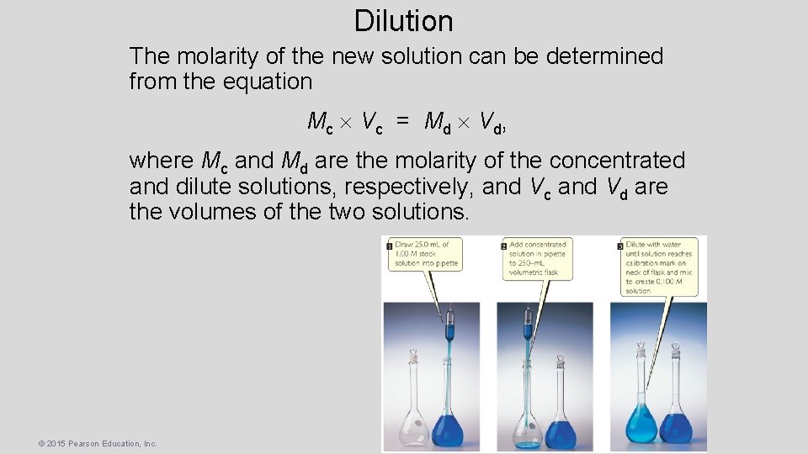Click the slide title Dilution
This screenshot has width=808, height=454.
tap(403, 21)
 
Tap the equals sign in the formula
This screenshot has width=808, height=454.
tap(403, 123)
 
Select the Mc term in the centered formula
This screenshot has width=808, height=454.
tap(320, 123)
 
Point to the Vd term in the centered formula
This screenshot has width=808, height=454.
tap(492, 123)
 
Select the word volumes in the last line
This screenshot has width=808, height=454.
tap(214, 211)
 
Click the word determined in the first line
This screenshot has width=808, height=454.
tap(604, 57)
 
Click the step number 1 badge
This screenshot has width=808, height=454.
tap(389, 245)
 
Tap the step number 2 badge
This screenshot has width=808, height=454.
tap(503, 245)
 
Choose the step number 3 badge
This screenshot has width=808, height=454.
tap(619, 245)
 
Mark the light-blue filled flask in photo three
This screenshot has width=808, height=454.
tap(641, 420)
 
